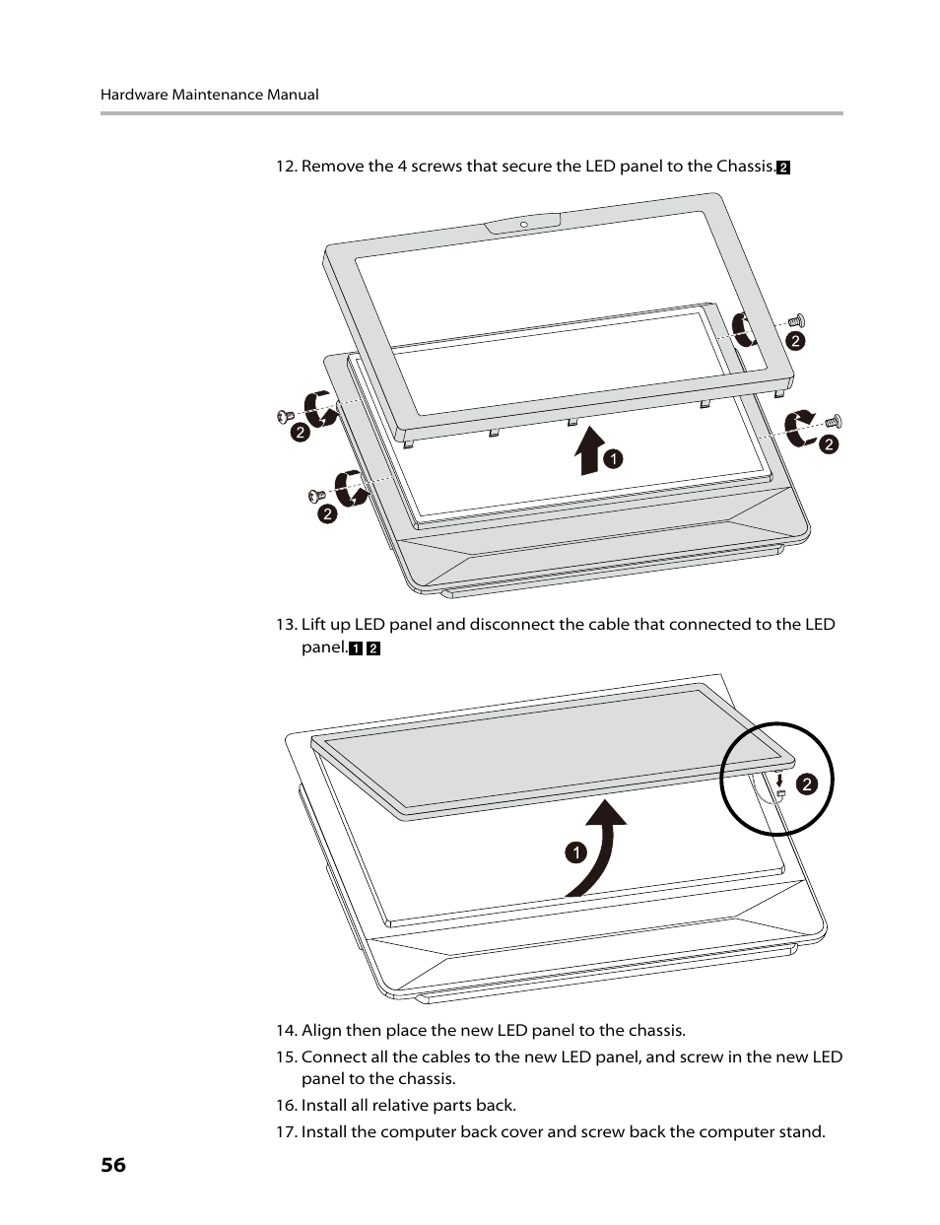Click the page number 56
click(x=113, y=1165)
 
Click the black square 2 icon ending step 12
click(x=783, y=168)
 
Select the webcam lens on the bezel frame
click(x=523, y=225)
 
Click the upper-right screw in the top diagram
click(x=797, y=320)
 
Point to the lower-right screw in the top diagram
click(x=833, y=422)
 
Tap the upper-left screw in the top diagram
click(x=286, y=417)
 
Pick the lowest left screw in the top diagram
click(x=317, y=495)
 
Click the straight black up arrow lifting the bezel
click(x=589, y=451)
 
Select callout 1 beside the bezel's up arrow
click(x=613, y=458)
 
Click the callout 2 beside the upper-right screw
click(x=795, y=341)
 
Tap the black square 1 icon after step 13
click(x=357, y=648)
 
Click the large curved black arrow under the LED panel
click(x=599, y=848)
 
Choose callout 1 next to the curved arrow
click(x=575, y=852)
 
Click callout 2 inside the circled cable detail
click(x=806, y=784)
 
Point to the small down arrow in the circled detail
click(x=779, y=780)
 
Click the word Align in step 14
click(x=321, y=1030)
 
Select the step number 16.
click(x=286, y=1106)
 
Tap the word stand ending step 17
click(x=802, y=1131)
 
